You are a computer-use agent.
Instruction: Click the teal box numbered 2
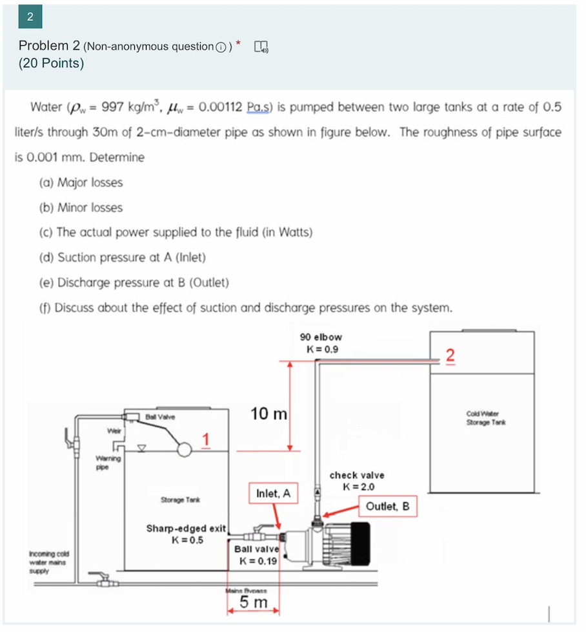(x=29, y=17)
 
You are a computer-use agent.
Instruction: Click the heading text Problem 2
(x=49, y=46)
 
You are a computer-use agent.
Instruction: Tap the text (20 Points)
(x=52, y=63)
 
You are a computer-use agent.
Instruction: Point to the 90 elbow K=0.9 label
(x=321, y=343)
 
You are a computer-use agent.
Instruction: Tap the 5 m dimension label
(x=253, y=602)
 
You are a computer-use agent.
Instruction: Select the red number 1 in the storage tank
(x=205, y=439)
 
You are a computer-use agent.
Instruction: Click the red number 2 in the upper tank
(x=450, y=355)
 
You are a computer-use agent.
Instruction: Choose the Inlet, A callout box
(x=274, y=494)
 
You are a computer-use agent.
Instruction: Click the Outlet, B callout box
(x=387, y=506)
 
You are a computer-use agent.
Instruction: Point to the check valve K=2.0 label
(x=357, y=481)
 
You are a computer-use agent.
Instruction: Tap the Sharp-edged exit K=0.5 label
(x=186, y=534)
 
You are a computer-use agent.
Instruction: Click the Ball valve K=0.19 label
(x=258, y=554)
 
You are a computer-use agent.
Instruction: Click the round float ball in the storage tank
(x=184, y=449)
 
